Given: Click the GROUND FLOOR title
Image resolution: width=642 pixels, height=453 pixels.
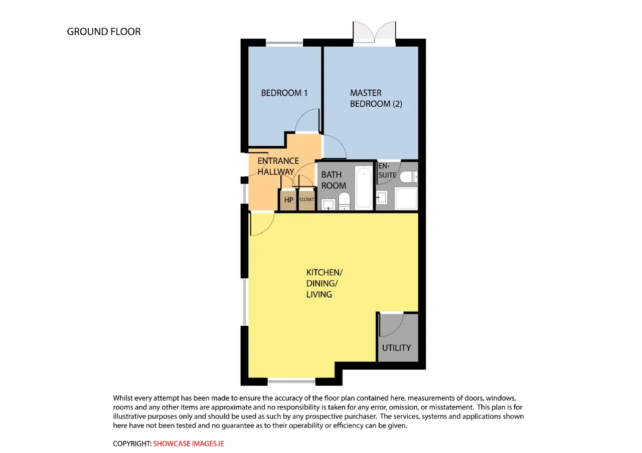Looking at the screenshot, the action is (x=104, y=32).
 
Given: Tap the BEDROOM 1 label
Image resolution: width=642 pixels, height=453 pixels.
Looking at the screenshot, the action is (x=284, y=93).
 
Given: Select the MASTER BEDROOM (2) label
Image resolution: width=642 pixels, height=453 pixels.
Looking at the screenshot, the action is (x=376, y=98).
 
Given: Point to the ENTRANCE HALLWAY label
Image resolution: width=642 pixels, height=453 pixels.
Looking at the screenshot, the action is (x=278, y=166).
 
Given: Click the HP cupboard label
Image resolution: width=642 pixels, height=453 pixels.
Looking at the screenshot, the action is (x=288, y=200).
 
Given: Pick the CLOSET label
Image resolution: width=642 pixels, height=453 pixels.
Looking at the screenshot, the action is (x=306, y=199).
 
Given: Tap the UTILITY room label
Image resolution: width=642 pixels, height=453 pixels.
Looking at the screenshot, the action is (x=396, y=348).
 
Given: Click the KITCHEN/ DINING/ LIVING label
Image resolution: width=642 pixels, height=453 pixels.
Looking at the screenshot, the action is (x=324, y=283).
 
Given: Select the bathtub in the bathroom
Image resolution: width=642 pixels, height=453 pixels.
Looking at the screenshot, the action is (x=364, y=187).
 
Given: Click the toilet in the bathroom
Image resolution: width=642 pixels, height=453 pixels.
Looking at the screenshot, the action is (x=344, y=201).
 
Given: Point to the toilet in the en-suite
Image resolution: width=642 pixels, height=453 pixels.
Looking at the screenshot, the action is (x=409, y=177).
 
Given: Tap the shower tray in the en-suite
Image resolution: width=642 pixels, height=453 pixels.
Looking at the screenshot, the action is (x=406, y=198).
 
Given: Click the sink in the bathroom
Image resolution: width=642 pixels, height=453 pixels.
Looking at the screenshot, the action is (x=328, y=204).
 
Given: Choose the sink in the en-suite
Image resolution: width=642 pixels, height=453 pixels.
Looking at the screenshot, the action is (x=382, y=197).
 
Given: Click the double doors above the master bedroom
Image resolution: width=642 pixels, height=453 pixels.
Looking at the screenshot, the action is (x=374, y=33).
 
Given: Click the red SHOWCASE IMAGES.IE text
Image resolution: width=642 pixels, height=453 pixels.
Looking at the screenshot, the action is (x=188, y=443).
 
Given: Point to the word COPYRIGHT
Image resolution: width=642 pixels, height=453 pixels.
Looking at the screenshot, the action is (x=132, y=443).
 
